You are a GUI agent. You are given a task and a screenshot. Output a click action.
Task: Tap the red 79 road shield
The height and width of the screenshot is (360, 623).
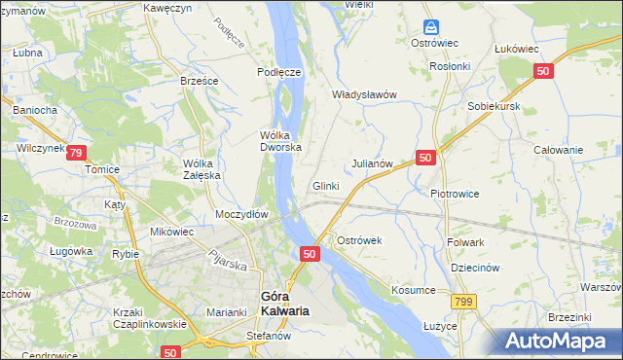[x=78, y=152]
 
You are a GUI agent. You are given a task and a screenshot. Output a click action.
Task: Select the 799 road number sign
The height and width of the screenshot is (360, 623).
[x=463, y=302]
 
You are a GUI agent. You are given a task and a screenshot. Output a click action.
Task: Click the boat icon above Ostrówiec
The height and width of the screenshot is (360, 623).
[x=430, y=28]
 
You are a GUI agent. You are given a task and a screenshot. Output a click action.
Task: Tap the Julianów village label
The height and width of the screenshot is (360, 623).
[x=371, y=164]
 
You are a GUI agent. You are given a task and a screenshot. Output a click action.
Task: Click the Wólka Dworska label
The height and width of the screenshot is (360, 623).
[x=280, y=141]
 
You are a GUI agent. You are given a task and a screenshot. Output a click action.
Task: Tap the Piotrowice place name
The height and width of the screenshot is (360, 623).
[x=455, y=193]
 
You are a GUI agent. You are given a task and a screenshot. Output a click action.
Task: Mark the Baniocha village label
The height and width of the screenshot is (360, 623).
[x=34, y=110]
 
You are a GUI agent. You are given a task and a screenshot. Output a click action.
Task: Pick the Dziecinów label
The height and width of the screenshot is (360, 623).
[x=475, y=268]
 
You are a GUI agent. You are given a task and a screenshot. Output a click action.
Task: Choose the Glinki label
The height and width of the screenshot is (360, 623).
[x=325, y=186]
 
